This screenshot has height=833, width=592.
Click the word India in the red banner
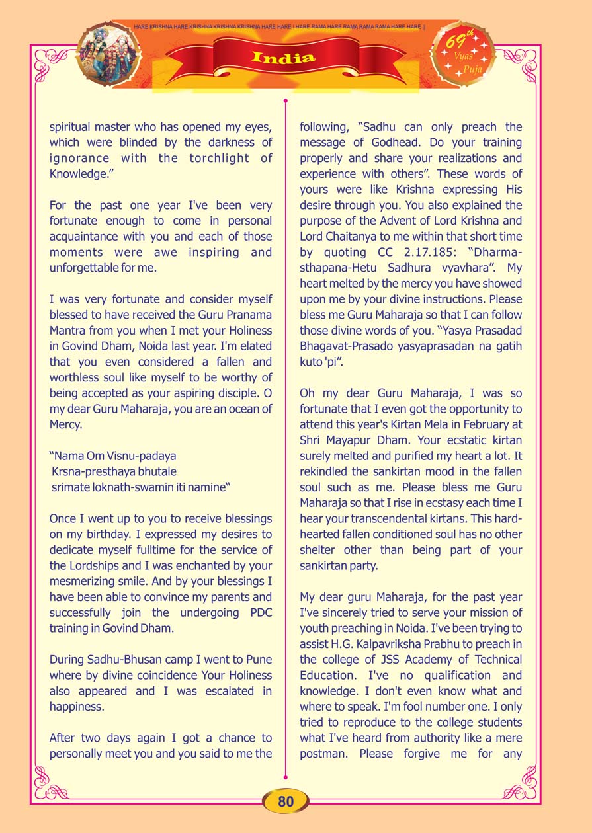(x=283, y=58)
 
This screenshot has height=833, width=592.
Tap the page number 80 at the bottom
(x=286, y=802)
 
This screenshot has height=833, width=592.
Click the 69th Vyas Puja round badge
(x=463, y=55)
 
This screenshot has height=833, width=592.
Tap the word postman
(x=323, y=754)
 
